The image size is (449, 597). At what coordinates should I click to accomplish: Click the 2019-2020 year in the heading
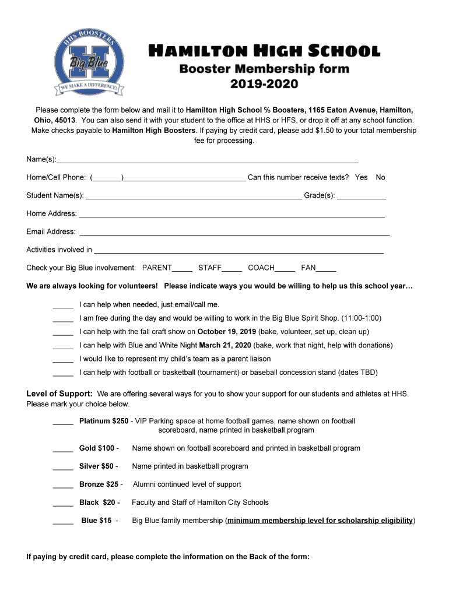pyautogui.click(x=264, y=85)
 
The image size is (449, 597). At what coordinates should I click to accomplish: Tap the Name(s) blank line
pyautogui.click(x=208, y=161)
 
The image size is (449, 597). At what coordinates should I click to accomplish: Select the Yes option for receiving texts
pyautogui.click(x=361, y=177)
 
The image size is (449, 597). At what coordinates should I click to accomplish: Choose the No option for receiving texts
pyautogui.click(x=380, y=177)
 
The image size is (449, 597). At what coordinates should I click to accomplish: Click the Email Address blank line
pyautogui.click(x=234, y=234)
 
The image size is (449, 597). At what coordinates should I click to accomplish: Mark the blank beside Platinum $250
pyautogui.click(x=63, y=423)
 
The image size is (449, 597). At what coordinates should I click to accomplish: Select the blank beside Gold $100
pyautogui.click(x=63, y=450)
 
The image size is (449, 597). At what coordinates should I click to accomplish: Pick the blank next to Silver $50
pyautogui.click(x=63, y=468)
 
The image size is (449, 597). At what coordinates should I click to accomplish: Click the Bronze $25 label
pyautogui.click(x=99, y=484)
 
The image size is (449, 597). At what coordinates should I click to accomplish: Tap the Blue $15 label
pyautogui.click(x=97, y=521)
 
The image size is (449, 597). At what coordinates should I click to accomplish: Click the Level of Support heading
pyautogui.click(x=59, y=394)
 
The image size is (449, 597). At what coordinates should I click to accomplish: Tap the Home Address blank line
pyautogui.click(x=231, y=216)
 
